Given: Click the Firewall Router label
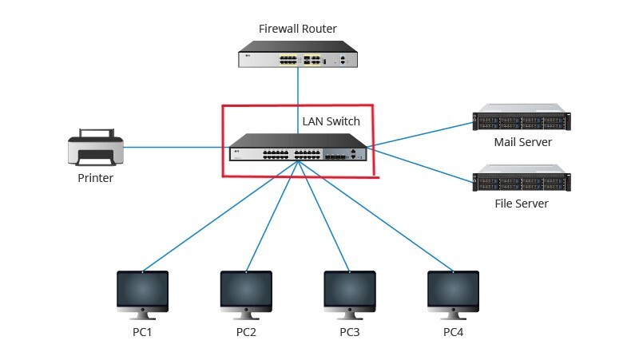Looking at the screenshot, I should [298, 29].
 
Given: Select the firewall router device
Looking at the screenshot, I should [298, 58].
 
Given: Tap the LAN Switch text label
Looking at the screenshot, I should [331, 122].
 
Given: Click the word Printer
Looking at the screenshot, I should [95, 178].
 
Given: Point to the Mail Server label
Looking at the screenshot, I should [522, 143].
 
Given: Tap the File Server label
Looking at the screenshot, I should [522, 204].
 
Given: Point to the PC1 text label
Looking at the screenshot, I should [142, 331].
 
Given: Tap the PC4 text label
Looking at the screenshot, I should [453, 331].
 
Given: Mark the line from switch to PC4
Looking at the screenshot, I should [375, 212].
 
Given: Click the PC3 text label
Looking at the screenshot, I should [350, 331].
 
